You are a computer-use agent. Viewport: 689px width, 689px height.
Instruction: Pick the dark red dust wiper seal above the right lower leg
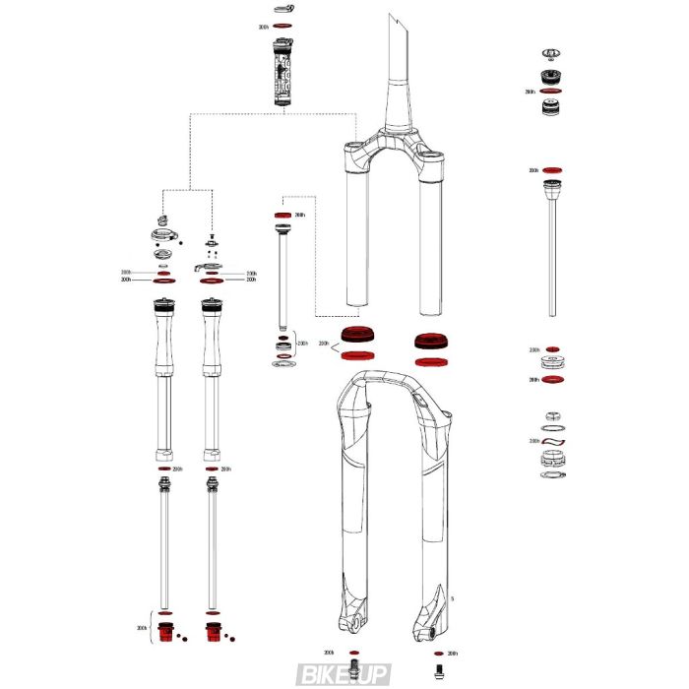(429, 343)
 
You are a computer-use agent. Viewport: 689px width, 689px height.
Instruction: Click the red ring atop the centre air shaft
(282, 215)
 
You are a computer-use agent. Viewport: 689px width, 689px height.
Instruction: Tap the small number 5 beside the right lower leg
(452, 598)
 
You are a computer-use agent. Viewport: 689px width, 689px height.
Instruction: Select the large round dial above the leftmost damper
(163, 235)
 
